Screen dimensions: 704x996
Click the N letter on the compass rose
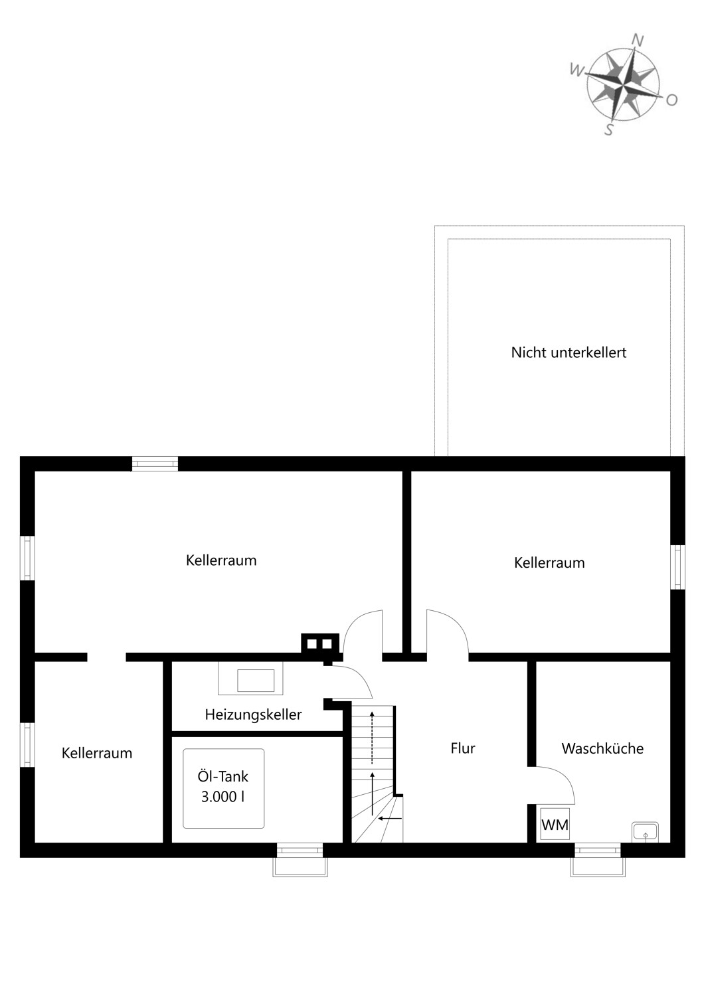(x=638, y=41)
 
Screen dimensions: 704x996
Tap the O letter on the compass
(x=671, y=100)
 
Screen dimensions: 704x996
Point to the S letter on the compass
(x=609, y=130)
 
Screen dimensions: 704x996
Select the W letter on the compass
(x=576, y=70)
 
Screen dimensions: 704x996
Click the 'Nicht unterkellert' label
(x=569, y=353)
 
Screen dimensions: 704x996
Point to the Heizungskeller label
(x=253, y=715)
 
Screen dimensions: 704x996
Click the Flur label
(x=462, y=748)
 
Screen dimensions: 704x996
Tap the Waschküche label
(x=602, y=748)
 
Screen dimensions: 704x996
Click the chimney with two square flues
(x=319, y=644)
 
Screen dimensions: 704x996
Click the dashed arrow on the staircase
(x=372, y=737)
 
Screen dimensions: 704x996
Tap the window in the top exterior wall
(x=155, y=463)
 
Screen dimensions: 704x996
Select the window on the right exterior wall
(x=677, y=567)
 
